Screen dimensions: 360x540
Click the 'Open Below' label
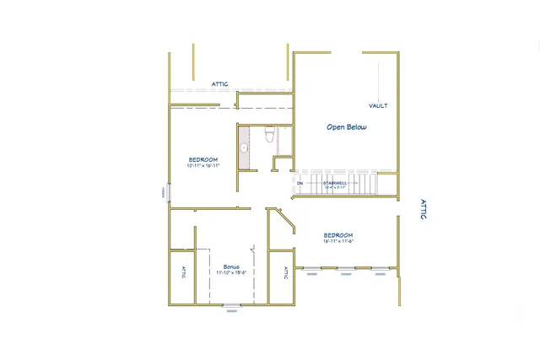(346, 127)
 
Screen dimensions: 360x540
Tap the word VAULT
(378, 106)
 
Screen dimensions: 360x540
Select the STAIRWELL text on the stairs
(334, 182)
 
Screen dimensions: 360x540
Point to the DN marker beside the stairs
(300, 182)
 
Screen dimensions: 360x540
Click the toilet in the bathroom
(269, 134)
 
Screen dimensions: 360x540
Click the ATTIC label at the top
(220, 84)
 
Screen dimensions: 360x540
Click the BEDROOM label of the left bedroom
(203, 160)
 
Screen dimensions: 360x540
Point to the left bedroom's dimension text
(203, 166)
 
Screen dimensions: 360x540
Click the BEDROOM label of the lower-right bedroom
(337, 235)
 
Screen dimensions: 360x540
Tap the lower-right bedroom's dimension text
(337, 241)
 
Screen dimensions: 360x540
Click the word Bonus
(231, 266)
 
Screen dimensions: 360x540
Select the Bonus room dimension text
(231, 273)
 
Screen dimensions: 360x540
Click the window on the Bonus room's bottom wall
(230, 305)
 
